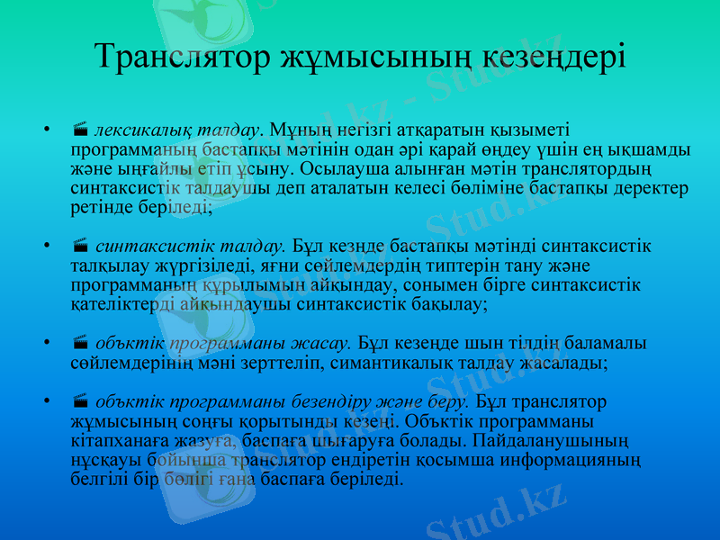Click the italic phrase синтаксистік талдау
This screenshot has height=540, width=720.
tap(190, 245)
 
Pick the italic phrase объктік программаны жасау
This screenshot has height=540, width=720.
tap(222, 344)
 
